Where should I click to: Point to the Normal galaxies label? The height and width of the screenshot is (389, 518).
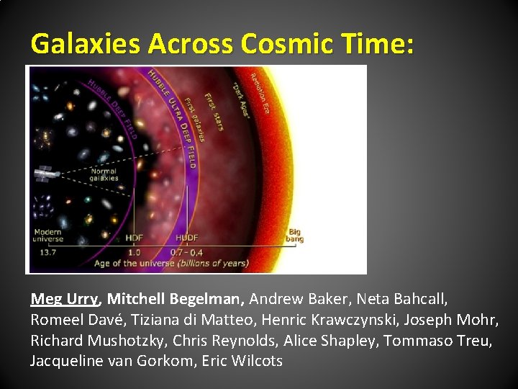coord(104,174)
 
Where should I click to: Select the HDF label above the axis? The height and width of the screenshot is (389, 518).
coord(134,238)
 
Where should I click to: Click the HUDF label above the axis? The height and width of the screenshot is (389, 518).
coord(186,238)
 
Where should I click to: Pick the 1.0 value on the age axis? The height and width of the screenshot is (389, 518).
coord(134,252)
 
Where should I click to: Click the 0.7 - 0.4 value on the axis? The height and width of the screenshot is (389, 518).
coord(186,252)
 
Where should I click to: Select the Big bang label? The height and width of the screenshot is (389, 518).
coord(295,236)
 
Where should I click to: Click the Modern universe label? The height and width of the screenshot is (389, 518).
coord(48,236)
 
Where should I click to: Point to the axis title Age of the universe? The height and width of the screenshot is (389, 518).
coord(171,264)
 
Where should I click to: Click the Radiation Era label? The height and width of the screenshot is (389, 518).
coord(263,94)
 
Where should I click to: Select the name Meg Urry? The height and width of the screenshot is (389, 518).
coord(65,298)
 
